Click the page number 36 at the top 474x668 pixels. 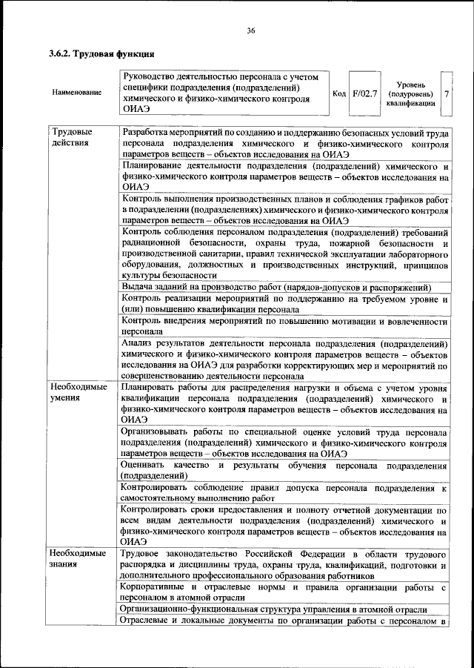[251, 30]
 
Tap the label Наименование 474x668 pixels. [77, 93]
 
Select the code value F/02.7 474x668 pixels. [365, 93]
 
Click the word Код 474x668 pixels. [340, 93]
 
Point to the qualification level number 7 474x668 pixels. [446, 94]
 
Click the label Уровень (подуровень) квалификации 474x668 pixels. [410, 94]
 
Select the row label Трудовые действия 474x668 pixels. [68, 137]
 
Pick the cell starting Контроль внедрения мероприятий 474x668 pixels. [285, 327]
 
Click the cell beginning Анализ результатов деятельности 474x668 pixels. [285, 360]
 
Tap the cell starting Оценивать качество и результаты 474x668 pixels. [285, 469]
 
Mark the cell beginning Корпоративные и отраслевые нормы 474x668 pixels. [285, 592]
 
